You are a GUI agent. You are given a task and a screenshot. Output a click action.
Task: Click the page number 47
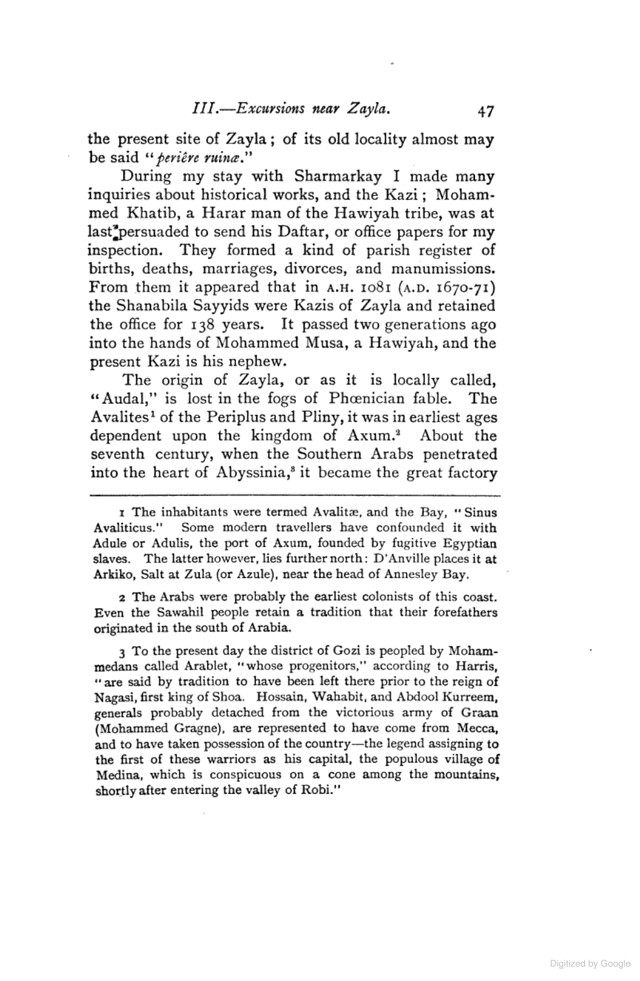coord(485,112)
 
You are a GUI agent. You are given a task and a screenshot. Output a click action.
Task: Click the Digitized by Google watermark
coord(590,964)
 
